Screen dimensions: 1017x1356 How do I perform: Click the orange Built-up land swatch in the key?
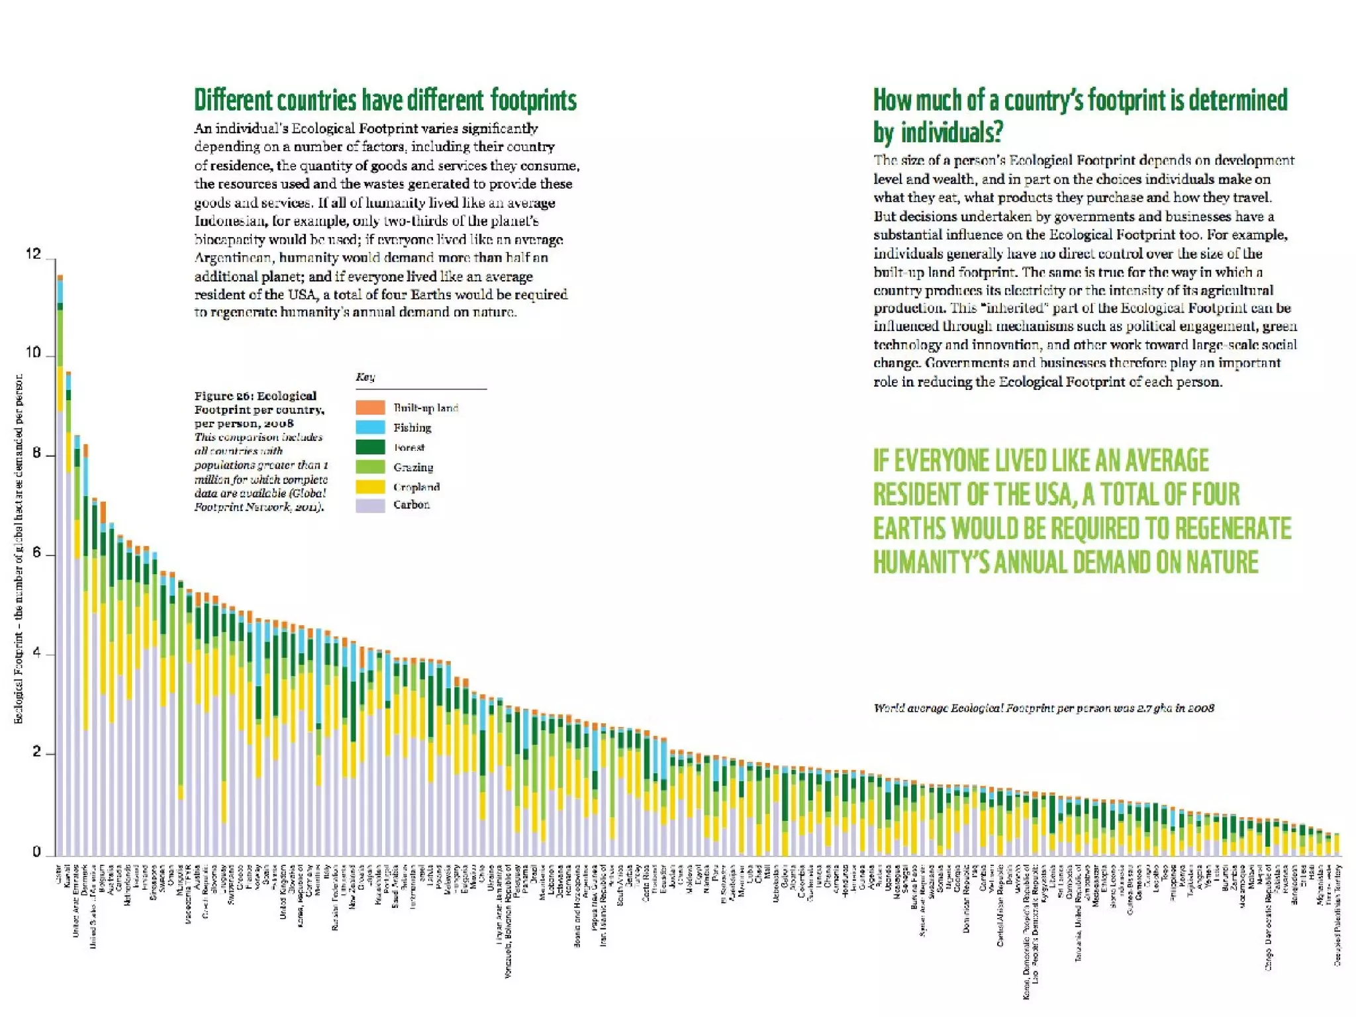click(x=370, y=407)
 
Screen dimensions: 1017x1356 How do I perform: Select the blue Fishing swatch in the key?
click(x=370, y=427)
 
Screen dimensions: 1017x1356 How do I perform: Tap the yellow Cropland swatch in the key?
click(x=370, y=487)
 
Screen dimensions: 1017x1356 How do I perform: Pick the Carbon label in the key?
click(x=411, y=505)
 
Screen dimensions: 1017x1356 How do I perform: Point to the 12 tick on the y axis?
click(x=33, y=254)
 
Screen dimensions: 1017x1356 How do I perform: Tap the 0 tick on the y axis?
click(x=36, y=852)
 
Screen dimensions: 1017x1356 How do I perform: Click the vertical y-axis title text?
click(x=19, y=550)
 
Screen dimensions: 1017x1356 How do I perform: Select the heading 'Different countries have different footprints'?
click(x=385, y=101)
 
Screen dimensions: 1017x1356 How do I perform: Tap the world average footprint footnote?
click(x=1043, y=708)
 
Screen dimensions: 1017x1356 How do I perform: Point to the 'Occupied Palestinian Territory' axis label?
click(x=1337, y=914)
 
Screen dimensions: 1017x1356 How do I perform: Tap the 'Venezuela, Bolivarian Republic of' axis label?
click(x=508, y=920)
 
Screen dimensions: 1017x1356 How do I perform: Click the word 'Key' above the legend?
click(x=365, y=377)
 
